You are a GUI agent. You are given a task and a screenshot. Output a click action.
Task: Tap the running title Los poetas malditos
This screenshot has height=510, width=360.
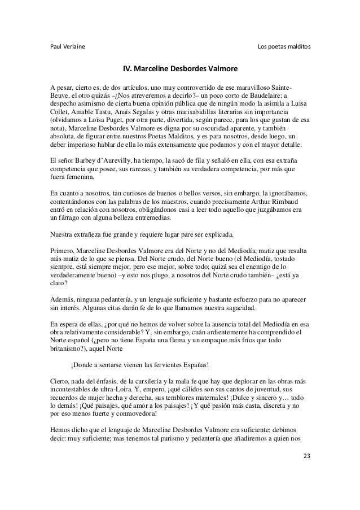point(283,45)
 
